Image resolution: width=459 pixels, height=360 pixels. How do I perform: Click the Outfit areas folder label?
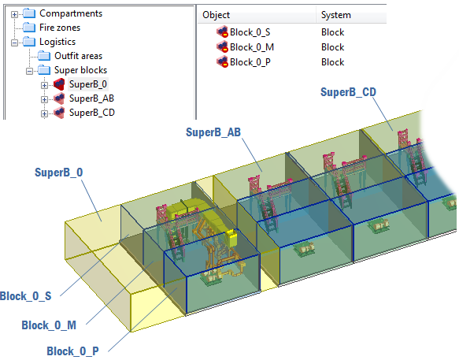point(79,56)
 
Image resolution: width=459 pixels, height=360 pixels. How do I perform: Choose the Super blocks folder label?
point(81,70)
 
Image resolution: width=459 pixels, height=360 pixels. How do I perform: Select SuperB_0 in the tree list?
point(88,84)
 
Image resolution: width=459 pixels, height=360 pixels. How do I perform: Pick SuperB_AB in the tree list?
point(91,98)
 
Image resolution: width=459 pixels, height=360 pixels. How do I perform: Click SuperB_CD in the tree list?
point(92,113)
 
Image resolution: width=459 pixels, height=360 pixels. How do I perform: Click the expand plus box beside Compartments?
point(14,14)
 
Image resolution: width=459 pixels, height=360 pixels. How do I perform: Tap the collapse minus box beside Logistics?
point(14,43)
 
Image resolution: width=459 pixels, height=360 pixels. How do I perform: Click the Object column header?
point(216,15)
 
